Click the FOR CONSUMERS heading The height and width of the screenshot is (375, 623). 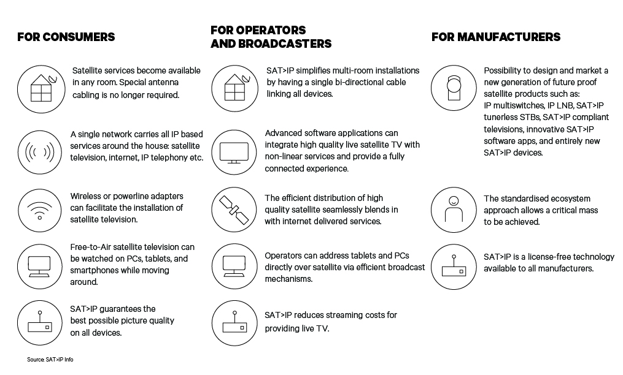tap(66, 37)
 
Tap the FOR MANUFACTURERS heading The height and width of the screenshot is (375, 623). tap(496, 37)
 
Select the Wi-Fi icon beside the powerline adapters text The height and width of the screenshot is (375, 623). tap(40, 210)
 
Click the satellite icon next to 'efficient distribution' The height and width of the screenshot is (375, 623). tap(234, 210)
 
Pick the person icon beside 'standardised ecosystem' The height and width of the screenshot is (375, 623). tap(454, 210)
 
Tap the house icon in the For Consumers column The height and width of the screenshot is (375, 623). tap(41, 89)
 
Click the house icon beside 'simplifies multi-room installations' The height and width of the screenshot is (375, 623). tap(234, 88)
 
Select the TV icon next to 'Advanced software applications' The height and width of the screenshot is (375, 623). tap(234, 153)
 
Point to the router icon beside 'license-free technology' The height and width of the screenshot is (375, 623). tap(454, 267)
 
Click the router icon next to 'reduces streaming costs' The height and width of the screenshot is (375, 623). tap(234, 323)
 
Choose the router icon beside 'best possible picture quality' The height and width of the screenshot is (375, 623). tap(40, 323)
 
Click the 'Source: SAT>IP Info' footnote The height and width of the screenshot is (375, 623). tap(50, 360)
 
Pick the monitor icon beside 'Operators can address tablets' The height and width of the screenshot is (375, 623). tap(234, 267)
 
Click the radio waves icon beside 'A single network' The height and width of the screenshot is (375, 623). tap(40, 153)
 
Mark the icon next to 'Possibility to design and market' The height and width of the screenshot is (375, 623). tap(454, 88)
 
